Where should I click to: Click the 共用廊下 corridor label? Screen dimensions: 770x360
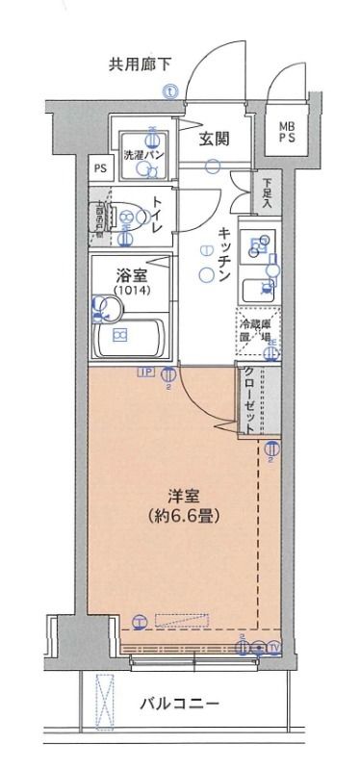coord(140,65)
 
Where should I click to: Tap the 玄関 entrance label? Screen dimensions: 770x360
coord(214,139)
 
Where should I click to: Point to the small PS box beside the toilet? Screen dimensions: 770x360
coord(100,167)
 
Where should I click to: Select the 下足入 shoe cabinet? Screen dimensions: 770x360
coord(267,196)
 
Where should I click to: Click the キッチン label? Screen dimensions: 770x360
coord(222,254)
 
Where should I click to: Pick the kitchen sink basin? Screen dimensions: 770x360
coord(255,246)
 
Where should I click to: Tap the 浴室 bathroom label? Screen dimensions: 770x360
coord(125,272)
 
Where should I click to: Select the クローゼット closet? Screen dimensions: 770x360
coord(252,402)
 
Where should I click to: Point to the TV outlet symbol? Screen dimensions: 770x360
coord(274,649)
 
